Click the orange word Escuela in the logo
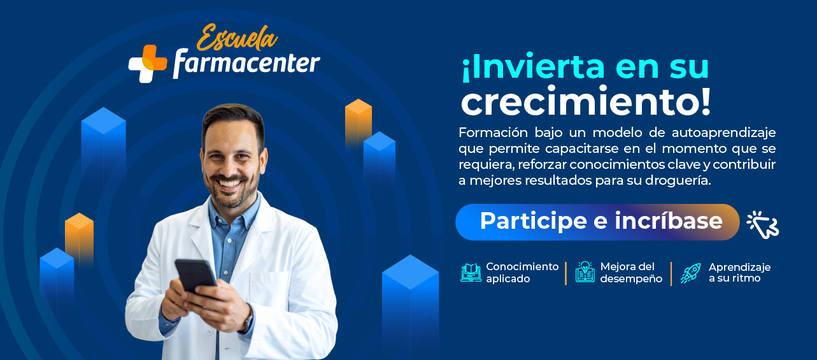(x=237, y=38)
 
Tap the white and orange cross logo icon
(x=148, y=64)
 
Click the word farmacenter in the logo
(x=246, y=64)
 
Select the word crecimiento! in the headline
(x=586, y=101)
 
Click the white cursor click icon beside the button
(x=762, y=224)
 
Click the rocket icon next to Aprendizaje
(x=690, y=273)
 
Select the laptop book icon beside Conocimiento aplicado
(x=471, y=273)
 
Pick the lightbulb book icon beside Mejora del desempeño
(x=585, y=272)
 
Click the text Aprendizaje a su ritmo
(x=739, y=273)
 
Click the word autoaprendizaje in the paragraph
(x=723, y=133)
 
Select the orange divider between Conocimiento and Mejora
(x=565, y=273)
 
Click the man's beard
(x=232, y=191)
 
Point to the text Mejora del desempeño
(x=631, y=273)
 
